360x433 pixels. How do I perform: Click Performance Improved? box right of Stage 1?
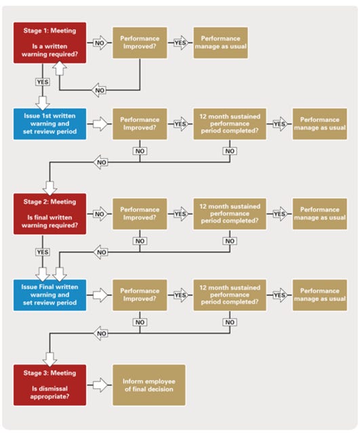140,43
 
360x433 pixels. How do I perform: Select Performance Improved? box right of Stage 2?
140,213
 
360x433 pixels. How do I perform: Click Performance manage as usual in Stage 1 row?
220,43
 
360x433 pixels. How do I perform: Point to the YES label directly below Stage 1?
42,82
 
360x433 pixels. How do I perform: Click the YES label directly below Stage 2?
42,252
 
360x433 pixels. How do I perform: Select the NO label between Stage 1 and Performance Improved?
100,43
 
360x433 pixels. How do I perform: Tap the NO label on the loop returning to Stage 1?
100,90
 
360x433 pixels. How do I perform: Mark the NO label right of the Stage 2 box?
100,213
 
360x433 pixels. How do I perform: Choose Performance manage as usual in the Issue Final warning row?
319,295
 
